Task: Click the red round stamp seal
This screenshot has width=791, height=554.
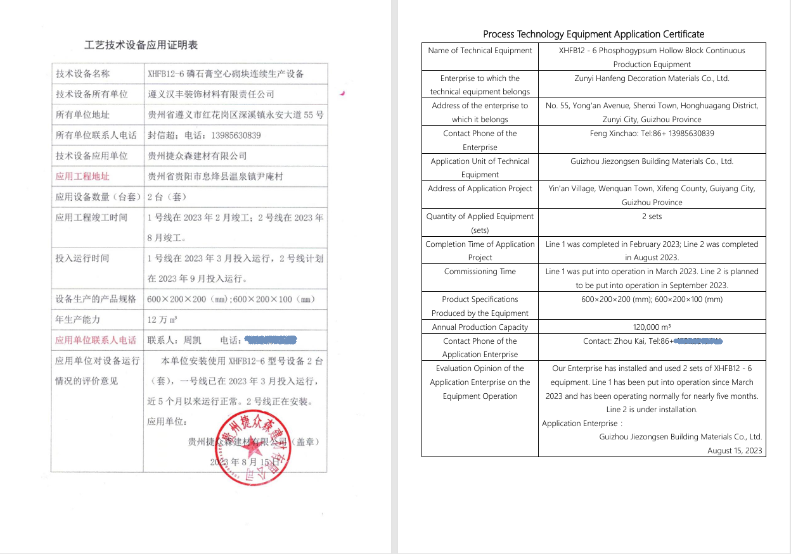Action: point(253,449)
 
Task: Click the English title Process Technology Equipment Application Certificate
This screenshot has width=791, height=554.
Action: point(593,34)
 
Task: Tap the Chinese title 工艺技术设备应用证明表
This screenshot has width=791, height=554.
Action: point(141,45)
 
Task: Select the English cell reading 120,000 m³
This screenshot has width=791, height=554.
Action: point(652,327)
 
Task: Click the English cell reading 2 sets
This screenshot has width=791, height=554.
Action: point(652,217)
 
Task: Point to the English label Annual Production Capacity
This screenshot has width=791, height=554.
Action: point(480,327)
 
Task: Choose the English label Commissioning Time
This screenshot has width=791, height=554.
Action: point(480,272)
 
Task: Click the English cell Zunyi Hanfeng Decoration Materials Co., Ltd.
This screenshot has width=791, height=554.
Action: point(652,79)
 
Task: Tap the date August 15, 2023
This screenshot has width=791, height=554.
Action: point(735,451)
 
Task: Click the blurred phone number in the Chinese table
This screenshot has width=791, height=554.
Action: point(271,340)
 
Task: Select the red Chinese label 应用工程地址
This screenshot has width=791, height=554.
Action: point(82,177)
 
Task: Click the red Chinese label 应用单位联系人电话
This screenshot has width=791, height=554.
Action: point(96,340)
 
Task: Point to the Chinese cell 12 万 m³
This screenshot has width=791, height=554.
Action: point(162,320)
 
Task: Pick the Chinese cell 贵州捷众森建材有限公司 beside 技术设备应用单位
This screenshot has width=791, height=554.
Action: point(197,156)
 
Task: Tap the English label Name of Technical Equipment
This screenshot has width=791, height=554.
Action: point(480,51)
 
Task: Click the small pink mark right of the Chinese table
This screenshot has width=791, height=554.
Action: point(342,94)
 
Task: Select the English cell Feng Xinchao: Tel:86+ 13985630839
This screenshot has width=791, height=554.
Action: point(652,134)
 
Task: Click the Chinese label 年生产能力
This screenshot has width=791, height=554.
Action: point(77,320)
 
